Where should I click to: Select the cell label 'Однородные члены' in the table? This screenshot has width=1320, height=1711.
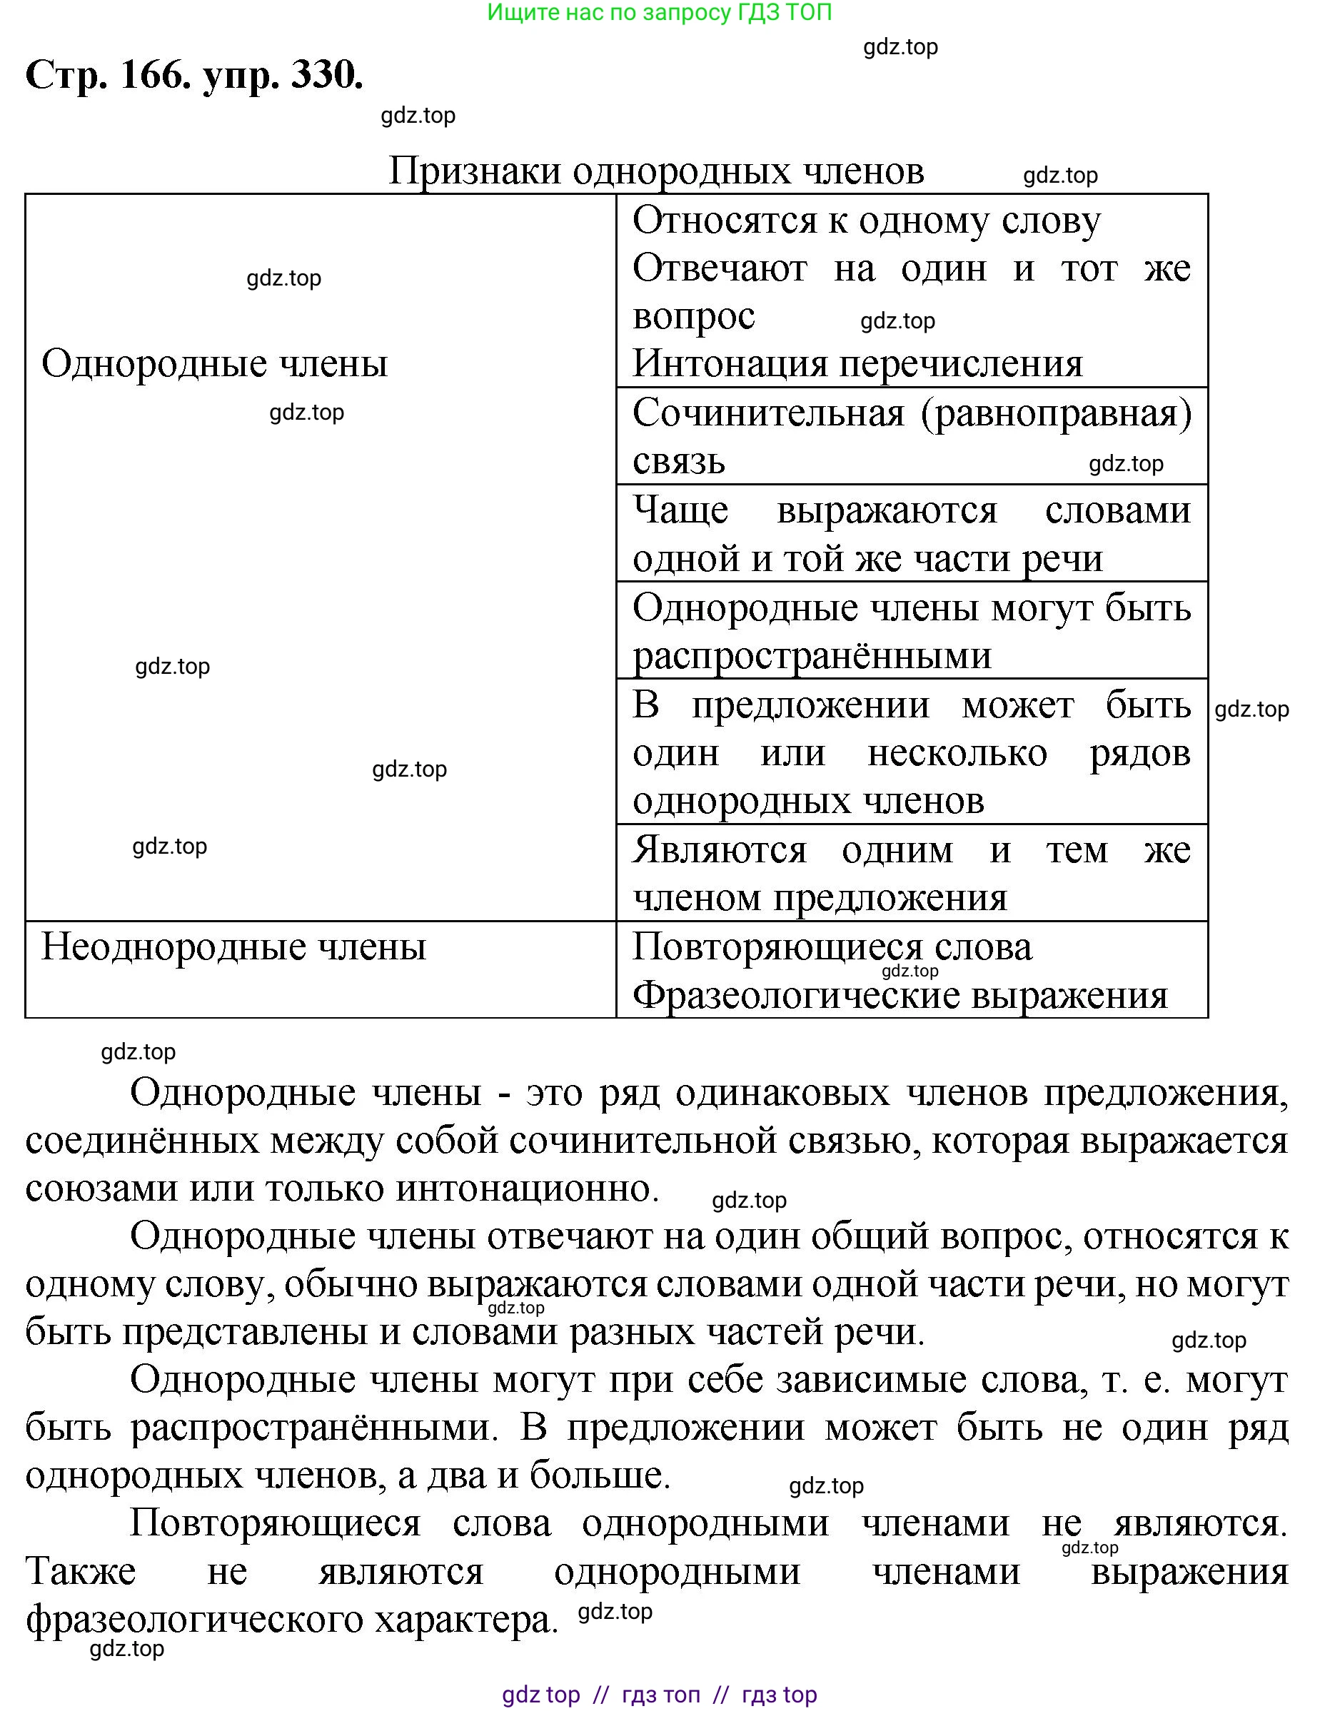tap(215, 363)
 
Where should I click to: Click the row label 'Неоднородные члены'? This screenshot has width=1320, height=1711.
tap(233, 947)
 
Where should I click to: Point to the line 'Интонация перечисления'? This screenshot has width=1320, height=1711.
tap(857, 363)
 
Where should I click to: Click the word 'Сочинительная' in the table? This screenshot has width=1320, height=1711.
tap(767, 413)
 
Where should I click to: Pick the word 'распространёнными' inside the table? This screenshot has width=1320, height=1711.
tap(812, 655)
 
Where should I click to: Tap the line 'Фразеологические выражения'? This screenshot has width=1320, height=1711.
tap(900, 995)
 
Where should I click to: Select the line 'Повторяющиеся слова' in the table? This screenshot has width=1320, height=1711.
tap(832, 947)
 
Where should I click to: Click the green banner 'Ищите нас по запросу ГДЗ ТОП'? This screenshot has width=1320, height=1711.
tap(659, 13)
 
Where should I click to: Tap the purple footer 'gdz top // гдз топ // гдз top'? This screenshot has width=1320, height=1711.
tap(659, 1695)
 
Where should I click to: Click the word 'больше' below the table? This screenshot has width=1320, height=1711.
tap(599, 1475)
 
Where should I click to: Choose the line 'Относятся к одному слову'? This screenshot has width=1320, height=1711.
tap(866, 220)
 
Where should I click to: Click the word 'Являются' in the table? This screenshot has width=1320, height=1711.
tap(719, 850)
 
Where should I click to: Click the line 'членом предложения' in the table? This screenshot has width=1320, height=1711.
tap(820, 898)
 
